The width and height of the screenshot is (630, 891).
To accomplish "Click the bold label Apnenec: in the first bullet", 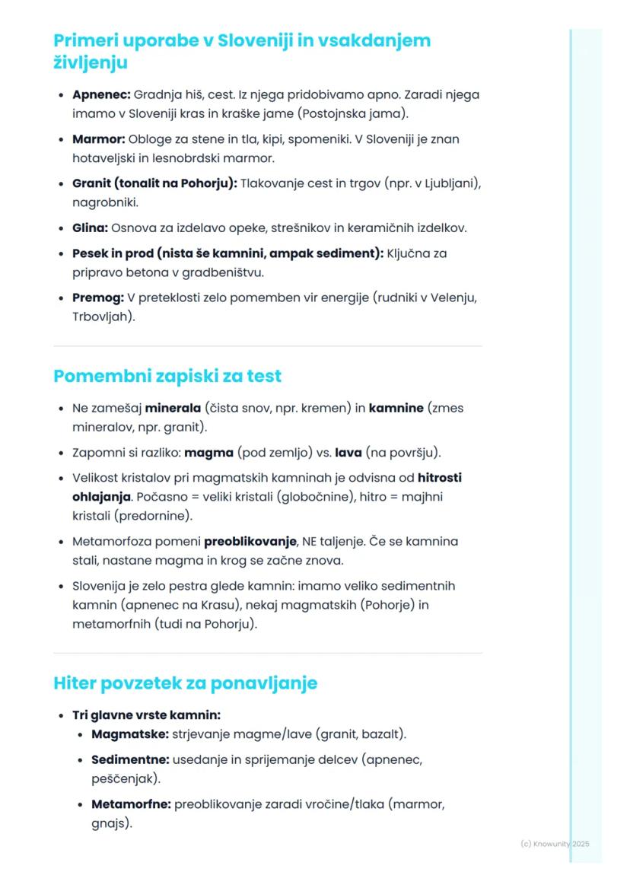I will pyautogui.click(x=101, y=95).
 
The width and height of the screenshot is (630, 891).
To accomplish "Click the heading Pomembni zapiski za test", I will pyautogui.click(x=167, y=376).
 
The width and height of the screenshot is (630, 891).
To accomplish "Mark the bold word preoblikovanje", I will pyautogui.click(x=250, y=542).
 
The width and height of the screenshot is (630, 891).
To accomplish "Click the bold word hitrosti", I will pyautogui.click(x=440, y=478).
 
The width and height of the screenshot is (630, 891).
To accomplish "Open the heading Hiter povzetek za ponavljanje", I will pyautogui.click(x=185, y=683).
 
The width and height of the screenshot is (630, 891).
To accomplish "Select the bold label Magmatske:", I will pyautogui.click(x=130, y=734).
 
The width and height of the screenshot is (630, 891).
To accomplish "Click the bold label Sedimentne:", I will pyautogui.click(x=130, y=759).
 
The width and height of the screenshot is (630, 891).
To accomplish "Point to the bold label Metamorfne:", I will pyautogui.click(x=131, y=803).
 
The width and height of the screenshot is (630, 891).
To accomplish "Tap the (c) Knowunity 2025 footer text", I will pyautogui.click(x=555, y=844).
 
